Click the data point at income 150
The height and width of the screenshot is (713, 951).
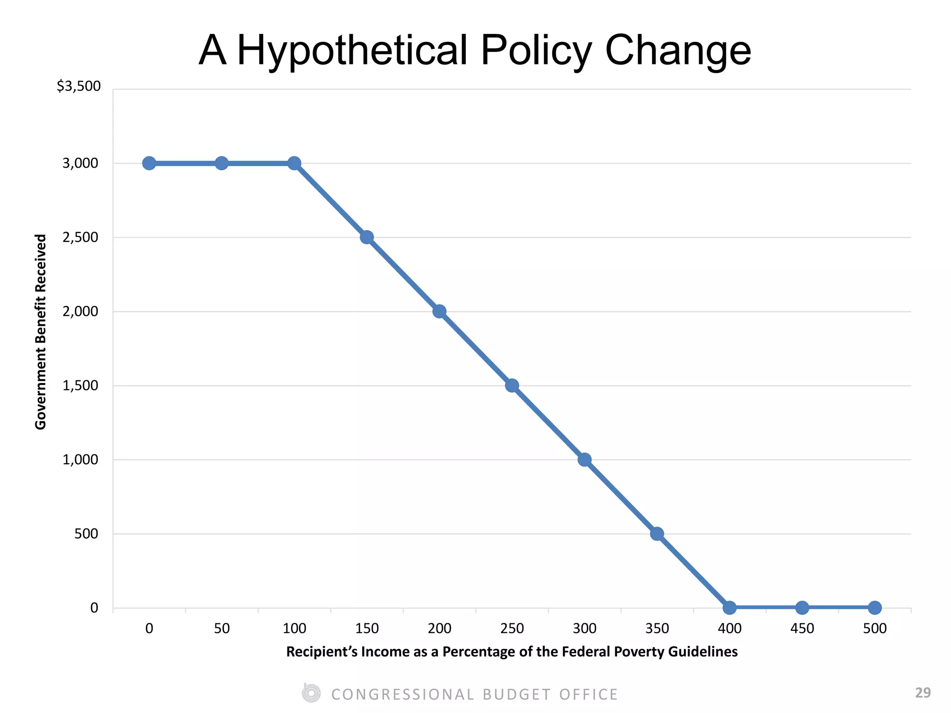click(367, 237)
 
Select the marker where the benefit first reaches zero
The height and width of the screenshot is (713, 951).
click(730, 607)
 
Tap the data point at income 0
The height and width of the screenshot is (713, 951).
click(149, 163)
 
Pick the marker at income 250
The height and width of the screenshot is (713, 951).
click(512, 385)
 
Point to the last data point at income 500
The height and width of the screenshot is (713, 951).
click(874, 607)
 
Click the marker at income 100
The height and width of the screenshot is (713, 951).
click(294, 163)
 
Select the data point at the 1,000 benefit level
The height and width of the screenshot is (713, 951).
click(584, 460)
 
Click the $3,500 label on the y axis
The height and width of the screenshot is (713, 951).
click(78, 86)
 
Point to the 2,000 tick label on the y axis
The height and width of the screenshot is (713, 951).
click(80, 311)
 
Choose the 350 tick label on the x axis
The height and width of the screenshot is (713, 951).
click(657, 629)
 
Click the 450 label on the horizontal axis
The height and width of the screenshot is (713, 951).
click(802, 629)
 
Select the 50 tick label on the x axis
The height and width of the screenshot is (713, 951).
click(222, 629)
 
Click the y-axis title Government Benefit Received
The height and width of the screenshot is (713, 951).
click(41, 331)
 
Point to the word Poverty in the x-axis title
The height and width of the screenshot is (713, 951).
click(639, 652)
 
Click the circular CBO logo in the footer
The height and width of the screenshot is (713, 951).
click(311, 693)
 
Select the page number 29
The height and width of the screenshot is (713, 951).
click(923, 693)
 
